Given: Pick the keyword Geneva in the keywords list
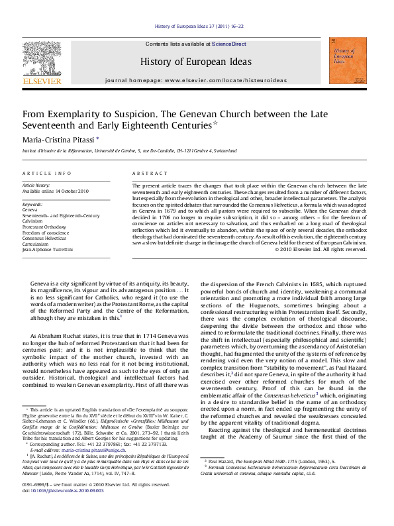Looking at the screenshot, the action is click(30, 209).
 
